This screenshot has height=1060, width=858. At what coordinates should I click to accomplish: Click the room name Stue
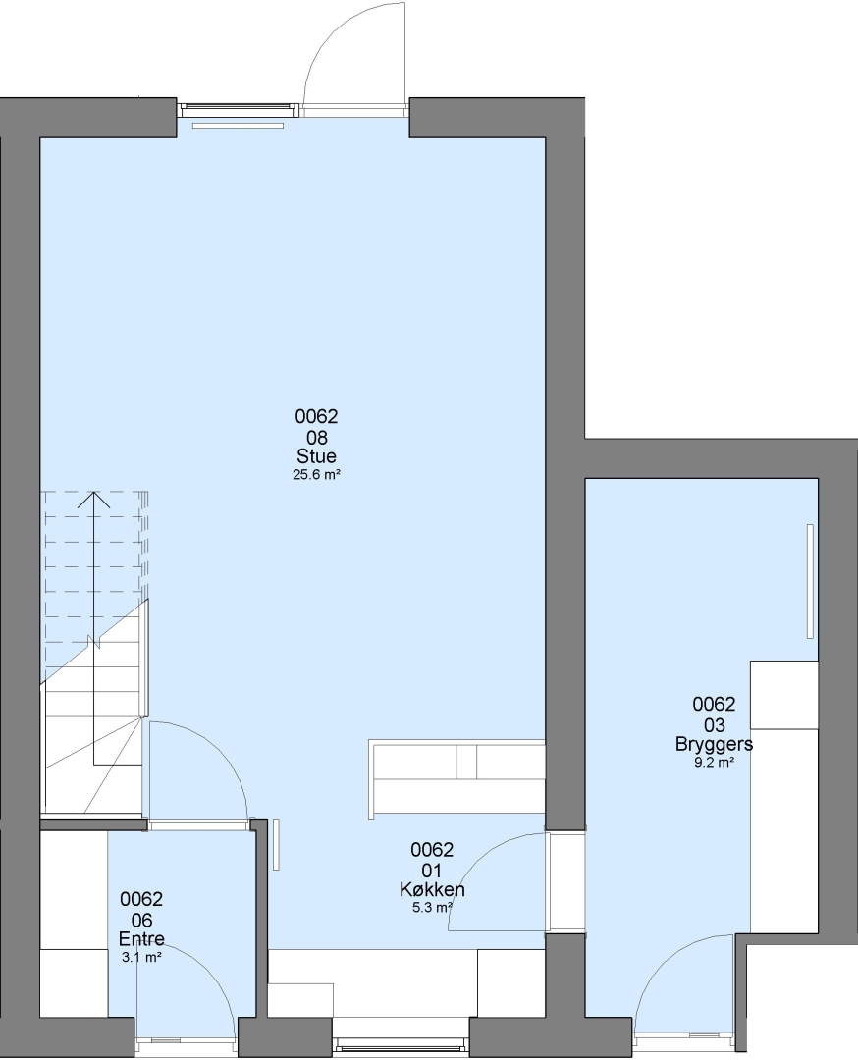316,455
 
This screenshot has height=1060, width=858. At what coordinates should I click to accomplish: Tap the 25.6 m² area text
316,475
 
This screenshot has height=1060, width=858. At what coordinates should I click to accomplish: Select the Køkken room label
432,889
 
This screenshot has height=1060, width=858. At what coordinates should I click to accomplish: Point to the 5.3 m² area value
432,907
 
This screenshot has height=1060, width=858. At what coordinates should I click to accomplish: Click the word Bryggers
714,744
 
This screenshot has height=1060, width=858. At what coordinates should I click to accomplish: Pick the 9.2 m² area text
714,762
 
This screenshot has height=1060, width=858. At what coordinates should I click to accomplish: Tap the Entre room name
141,939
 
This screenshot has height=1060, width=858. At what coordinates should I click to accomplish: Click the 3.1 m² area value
141,957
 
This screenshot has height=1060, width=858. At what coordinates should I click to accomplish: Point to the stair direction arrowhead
94,499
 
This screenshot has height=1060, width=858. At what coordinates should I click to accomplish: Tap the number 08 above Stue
316,437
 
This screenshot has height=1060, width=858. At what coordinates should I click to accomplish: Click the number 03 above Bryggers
714,724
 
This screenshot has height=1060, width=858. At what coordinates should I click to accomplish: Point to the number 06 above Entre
141,920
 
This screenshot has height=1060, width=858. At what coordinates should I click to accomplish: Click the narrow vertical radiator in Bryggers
810,581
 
